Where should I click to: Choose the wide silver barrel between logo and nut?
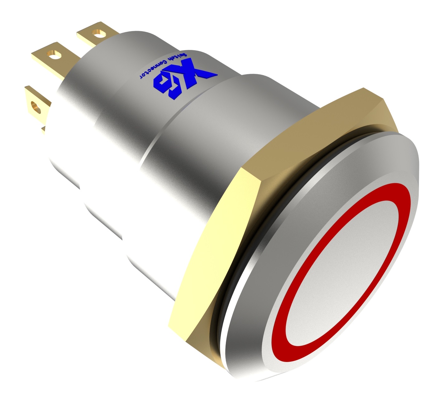pyautogui.click(x=187, y=150)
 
